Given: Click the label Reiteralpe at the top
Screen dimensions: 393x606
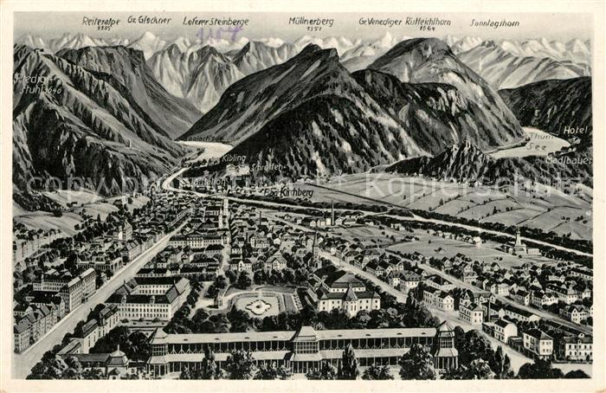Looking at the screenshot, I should [x=100, y=20].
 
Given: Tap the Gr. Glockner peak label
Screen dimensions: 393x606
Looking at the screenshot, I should [x=149, y=19].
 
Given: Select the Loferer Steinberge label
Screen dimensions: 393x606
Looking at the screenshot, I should [x=216, y=21].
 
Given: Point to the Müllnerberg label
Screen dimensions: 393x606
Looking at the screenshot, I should [x=311, y=21].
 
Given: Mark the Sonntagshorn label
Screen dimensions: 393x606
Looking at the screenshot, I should [x=494, y=23].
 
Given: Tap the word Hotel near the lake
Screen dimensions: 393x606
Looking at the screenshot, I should [x=574, y=130].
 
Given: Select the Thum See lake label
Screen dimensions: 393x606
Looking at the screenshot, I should [x=538, y=141].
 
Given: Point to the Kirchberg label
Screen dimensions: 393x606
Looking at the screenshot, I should [x=297, y=191].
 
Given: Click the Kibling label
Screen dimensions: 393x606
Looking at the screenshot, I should [x=233, y=158].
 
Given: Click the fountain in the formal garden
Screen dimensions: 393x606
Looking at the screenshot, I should [x=257, y=305].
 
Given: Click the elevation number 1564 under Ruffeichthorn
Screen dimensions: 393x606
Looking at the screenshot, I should [x=426, y=29].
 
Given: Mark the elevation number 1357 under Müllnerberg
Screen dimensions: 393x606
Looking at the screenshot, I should [x=313, y=29].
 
